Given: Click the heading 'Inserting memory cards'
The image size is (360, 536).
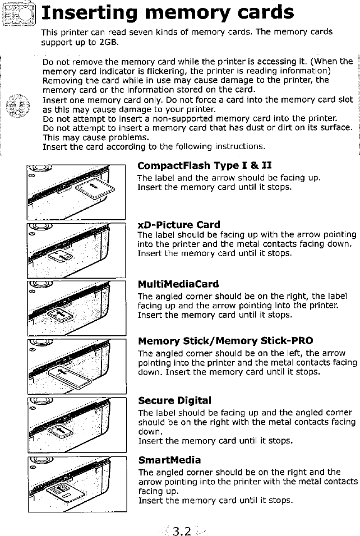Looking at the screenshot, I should (x=168, y=13).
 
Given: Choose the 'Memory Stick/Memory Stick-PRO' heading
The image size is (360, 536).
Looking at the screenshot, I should (x=225, y=341).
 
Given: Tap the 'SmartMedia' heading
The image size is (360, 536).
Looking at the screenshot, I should (x=169, y=460).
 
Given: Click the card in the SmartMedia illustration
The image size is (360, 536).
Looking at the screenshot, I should (x=61, y=493).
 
